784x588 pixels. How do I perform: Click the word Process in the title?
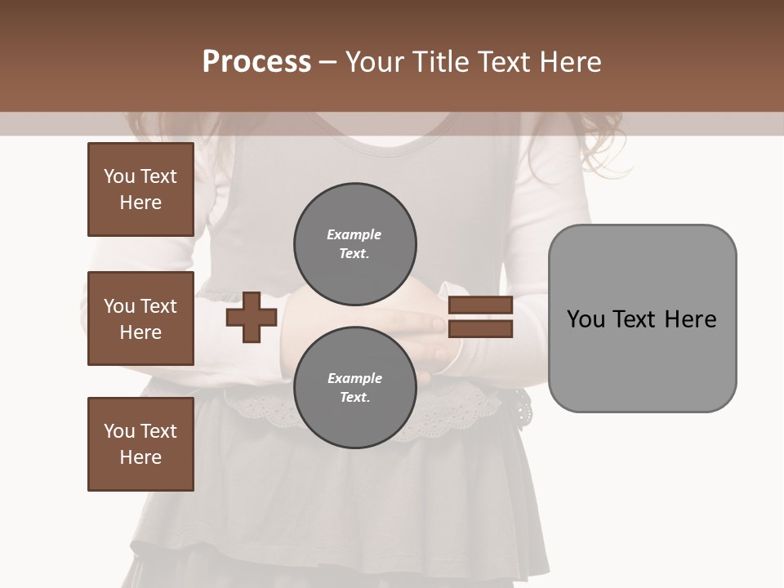(x=256, y=62)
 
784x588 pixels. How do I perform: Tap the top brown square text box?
(x=140, y=189)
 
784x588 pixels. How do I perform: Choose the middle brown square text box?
(x=140, y=318)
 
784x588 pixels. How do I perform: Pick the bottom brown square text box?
(x=140, y=444)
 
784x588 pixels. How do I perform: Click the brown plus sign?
(x=251, y=318)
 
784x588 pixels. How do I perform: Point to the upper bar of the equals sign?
(x=480, y=305)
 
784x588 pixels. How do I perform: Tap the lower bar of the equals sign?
(x=480, y=329)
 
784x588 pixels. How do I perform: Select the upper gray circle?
(x=354, y=243)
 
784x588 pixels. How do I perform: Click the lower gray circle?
(x=354, y=387)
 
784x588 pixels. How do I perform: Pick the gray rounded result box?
(x=642, y=318)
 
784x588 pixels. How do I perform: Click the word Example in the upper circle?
(x=354, y=234)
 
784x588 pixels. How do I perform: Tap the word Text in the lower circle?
(x=354, y=398)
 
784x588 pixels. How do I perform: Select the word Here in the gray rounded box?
(x=690, y=319)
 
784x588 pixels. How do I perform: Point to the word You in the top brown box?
(x=119, y=176)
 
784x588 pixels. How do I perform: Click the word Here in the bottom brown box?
(x=140, y=457)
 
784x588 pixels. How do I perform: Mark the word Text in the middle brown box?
(x=158, y=306)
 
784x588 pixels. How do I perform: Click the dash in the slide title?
(x=328, y=62)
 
